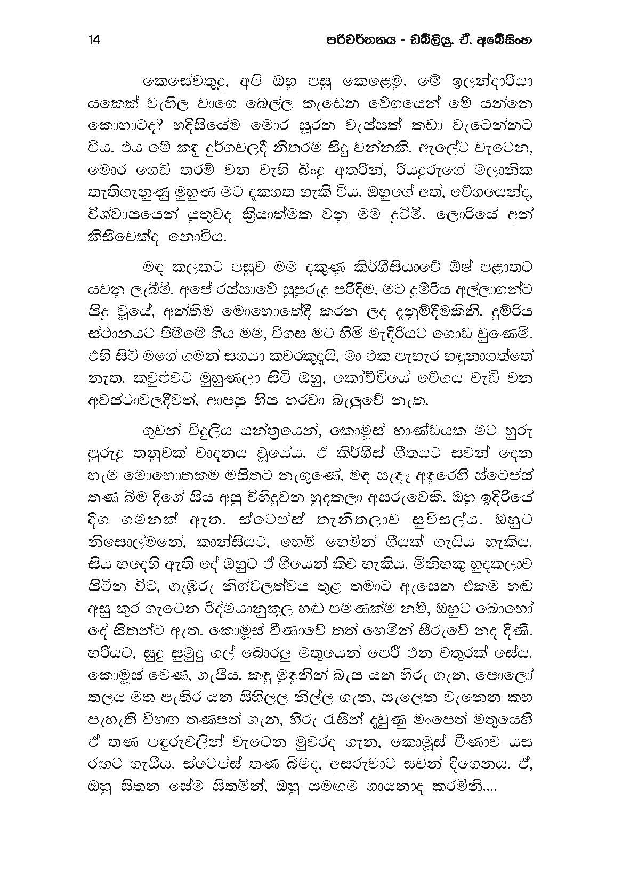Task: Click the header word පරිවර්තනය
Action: point(350,41)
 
